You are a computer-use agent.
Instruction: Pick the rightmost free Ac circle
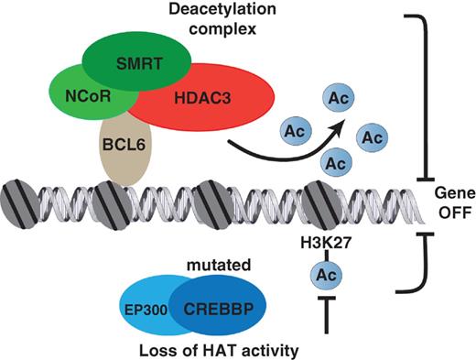[x=373, y=137]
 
